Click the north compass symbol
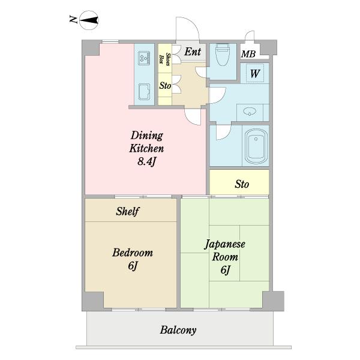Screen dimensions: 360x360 89,20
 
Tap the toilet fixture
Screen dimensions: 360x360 223,55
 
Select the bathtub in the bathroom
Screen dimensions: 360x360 256,146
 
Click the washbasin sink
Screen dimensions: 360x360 250,112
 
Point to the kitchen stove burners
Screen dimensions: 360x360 144,58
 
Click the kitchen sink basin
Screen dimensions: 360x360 145,92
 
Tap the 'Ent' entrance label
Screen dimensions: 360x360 193,52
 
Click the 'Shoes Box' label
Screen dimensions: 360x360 165,59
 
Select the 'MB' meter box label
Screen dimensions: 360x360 248,54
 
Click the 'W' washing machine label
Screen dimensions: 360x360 255,74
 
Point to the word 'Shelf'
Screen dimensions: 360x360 128,211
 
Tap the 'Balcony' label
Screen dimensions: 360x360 178,331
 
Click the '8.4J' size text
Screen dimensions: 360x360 147,161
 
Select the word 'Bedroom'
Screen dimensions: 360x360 133,253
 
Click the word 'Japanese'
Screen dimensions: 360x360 225,244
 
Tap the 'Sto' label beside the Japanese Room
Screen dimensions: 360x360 242,184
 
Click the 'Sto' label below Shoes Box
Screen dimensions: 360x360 166,86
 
